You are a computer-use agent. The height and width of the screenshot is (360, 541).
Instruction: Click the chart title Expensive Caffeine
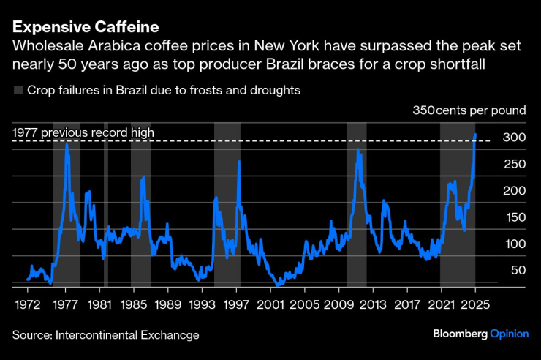[86, 28]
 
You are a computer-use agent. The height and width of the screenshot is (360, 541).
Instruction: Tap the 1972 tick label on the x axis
[27, 302]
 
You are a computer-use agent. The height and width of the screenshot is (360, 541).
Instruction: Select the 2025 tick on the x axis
[475, 302]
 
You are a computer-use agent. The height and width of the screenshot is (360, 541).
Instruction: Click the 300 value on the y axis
[515, 138]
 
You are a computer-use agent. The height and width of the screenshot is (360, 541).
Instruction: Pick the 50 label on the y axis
[518, 270]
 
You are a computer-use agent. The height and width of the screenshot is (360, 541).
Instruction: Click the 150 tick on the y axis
[515, 217]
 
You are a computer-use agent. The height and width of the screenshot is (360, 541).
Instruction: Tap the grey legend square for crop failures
[18, 91]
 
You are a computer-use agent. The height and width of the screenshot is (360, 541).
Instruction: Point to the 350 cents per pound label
[469, 110]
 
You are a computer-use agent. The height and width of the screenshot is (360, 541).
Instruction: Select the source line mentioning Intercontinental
[105, 335]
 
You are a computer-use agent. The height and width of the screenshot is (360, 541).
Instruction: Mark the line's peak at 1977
[67, 144]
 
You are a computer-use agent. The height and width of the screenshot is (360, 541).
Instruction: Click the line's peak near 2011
[357, 150]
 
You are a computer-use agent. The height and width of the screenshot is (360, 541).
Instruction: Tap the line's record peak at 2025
[475, 135]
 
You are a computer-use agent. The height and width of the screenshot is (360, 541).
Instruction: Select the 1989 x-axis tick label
[168, 302]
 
